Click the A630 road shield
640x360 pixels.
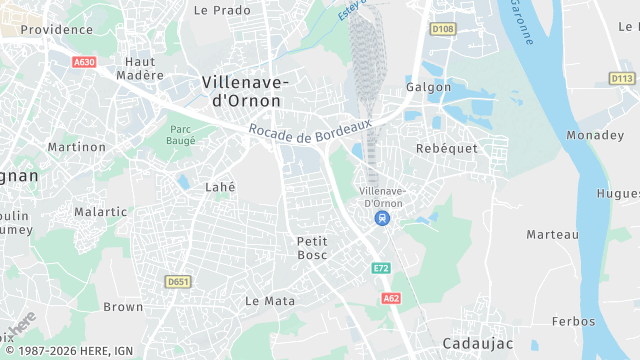tap(84, 62)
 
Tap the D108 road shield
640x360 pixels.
tap(443, 29)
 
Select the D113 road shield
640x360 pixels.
tap(622, 78)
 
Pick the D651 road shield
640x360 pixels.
tap(179, 282)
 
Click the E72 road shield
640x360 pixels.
tap(380, 268)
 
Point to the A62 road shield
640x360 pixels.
tap(391, 298)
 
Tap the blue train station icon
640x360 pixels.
tap(381, 218)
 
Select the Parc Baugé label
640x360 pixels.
tap(181, 135)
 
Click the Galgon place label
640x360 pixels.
tap(428, 87)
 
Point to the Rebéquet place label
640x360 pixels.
tap(446, 148)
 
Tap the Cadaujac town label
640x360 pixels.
tap(478, 343)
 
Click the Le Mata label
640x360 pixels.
tap(270, 300)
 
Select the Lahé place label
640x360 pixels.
tap(220, 187)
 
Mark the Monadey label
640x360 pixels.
tap(594, 135)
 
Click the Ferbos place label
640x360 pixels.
tap(573, 321)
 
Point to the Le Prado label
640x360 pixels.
tap(222, 10)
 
